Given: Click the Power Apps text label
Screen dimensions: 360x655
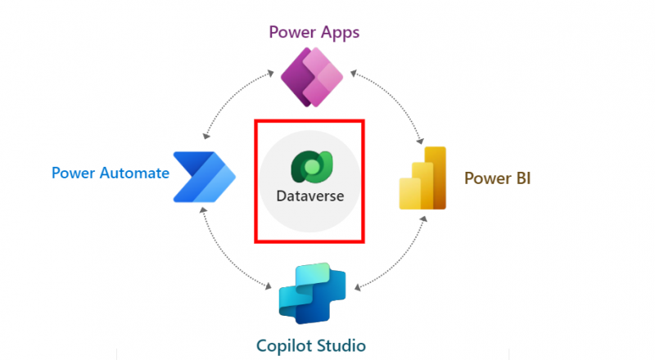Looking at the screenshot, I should (x=314, y=34).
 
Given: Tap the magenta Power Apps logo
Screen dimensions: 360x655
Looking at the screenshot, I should (x=311, y=79).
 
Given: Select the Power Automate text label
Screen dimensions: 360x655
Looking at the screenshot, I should (x=111, y=173).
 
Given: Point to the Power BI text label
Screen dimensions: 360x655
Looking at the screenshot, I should (x=498, y=178).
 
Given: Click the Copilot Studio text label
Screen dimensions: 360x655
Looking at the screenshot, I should (x=312, y=344).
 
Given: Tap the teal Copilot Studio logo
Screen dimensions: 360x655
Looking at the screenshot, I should (x=312, y=294).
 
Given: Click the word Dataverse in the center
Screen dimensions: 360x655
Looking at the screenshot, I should (x=309, y=197).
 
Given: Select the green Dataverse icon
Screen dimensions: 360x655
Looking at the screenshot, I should (x=309, y=166).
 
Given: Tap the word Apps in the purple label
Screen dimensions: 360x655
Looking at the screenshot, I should (x=341, y=34).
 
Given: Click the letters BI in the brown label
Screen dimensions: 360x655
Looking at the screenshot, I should (x=522, y=178).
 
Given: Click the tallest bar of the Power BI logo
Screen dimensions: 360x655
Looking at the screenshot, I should (x=436, y=176).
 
